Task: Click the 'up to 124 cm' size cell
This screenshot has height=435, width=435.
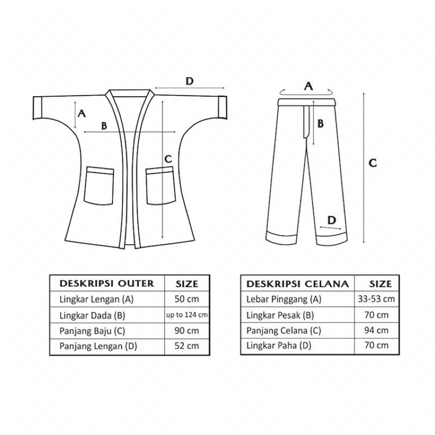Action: (187, 315)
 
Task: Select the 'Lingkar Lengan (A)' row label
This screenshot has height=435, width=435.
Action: (97, 300)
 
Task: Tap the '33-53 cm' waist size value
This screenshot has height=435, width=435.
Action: (376, 299)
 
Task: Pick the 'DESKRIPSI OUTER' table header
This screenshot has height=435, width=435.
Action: (107, 283)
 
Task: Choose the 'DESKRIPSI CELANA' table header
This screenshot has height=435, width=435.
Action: (297, 284)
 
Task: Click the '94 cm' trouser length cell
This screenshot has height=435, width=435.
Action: (376, 330)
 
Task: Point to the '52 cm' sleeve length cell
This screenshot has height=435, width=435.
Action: (187, 346)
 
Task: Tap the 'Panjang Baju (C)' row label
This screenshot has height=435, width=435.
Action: (92, 331)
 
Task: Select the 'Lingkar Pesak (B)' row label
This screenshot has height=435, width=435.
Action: (280, 315)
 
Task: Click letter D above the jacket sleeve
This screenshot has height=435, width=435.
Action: (189, 81)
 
